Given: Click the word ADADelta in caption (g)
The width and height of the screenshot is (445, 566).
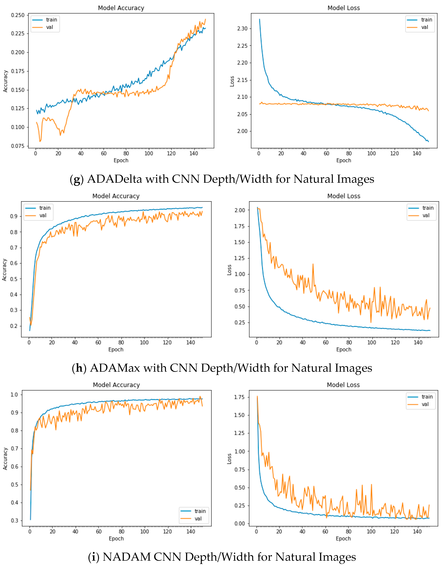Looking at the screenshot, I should click(x=114, y=179).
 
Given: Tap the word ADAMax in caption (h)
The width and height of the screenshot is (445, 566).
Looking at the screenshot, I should click(x=115, y=368).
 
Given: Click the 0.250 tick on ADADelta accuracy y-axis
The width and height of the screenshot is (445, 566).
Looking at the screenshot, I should click(x=18, y=15).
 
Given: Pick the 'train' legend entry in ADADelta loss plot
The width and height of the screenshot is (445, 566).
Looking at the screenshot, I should click(x=426, y=20).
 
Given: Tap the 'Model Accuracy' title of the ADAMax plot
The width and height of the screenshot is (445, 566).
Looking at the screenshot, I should click(x=116, y=196).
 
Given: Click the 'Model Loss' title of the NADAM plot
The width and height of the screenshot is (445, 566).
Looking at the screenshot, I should click(x=343, y=385).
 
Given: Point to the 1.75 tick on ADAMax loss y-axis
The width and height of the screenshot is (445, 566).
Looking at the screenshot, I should click(x=239, y=226).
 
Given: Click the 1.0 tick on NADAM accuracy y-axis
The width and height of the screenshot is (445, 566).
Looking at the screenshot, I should click(x=14, y=394).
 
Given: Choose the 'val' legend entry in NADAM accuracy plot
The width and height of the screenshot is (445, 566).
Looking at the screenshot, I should click(x=198, y=519).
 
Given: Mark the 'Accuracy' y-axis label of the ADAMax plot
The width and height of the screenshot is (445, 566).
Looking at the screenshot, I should click(x=4, y=270).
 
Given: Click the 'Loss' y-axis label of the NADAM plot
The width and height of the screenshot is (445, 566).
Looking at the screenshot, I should click(x=229, y=459).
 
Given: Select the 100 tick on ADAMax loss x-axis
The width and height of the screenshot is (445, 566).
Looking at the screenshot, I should click(x=371, y=342).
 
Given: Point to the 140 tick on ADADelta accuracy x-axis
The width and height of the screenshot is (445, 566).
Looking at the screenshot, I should click(x=194, y=153).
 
